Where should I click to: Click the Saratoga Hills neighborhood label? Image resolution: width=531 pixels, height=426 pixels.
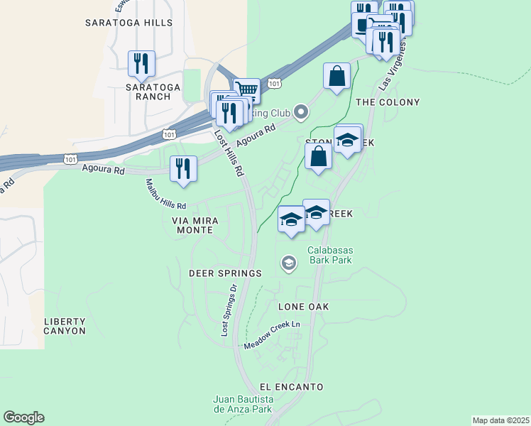tap(128, 23)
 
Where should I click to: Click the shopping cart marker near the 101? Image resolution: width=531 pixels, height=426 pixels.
tap(246, 90)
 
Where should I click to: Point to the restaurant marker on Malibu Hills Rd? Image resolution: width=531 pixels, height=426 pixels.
tap(184, 168)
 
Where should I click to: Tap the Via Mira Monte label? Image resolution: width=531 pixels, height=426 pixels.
tap(192, 226)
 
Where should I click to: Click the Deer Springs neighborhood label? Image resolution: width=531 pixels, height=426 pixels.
tap(225, 273)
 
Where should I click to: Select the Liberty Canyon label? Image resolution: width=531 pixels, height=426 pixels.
tap(65, 326)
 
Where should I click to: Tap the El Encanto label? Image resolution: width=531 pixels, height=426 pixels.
tap(292, 387)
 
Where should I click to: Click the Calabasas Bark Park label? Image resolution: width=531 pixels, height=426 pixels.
tap(330, 255)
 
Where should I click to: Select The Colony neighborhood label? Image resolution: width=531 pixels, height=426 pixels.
tap(388, 102)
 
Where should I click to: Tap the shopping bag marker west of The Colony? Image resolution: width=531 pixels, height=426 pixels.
tap(336, 75)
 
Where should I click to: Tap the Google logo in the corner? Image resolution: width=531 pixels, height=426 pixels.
tap(23, 417)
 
